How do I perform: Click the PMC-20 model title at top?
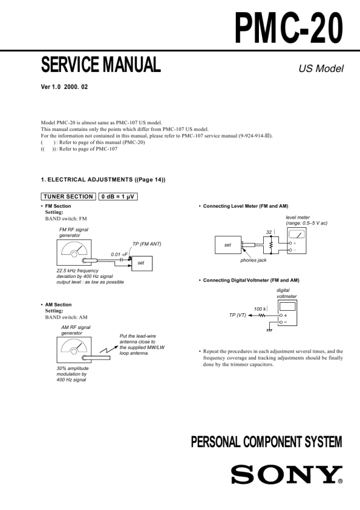pyautogui.click(x=289, y=27)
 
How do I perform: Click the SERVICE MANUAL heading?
pyautogui.click(x=101, y=65)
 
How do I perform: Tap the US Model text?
pyautogui.click(x=321, y=69)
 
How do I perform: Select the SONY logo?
pyautogui.click(x=287, y=475)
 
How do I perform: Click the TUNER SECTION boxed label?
pyautogui.click(x=68, y=196)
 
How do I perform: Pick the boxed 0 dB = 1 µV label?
pyautogui.click(x=118, y=196)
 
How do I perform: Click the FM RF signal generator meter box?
pyautogui.click(x=74, y=252)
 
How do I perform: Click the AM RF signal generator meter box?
pyautogui.click(x=74, y=350)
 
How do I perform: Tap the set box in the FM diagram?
pyautogui.click(x=142, y=263)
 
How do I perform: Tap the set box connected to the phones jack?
pyautogui.click(x=228, y=245)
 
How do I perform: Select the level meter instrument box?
pyautogui.click(x=297, y=241)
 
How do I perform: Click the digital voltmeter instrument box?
pyautogui.click(x=288, y=313)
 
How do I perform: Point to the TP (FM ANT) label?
pyautogui.click(x=147, y=244)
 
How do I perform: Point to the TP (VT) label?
pyautogui.click(x=238, y=315)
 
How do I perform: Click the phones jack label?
pyautogui.click(x=253, y=260)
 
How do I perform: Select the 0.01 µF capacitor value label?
pyautogui.click(x=119, y=254)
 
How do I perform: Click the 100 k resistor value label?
pyautogui.click(x=260, y=309)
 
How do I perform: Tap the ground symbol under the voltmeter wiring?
pyautogui.click(x=269, y=330)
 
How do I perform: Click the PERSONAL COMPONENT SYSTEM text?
pyautogui.click(x=266, y=442)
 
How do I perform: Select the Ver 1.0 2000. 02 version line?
pyautogui.click(x=65, y=87)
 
